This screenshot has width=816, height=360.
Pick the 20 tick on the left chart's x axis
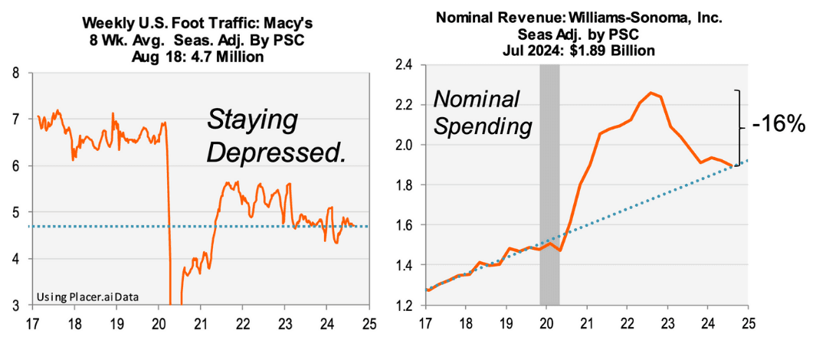(x=158, y=322)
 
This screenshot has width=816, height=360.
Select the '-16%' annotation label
(x=778, y=123)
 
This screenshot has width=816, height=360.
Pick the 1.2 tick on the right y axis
(x=403, y=306)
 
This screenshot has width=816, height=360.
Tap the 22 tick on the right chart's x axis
(x=625, y=322)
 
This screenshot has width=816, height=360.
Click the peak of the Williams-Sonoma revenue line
(x=651, y=93)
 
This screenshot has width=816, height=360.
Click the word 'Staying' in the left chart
(x=253, y=120)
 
